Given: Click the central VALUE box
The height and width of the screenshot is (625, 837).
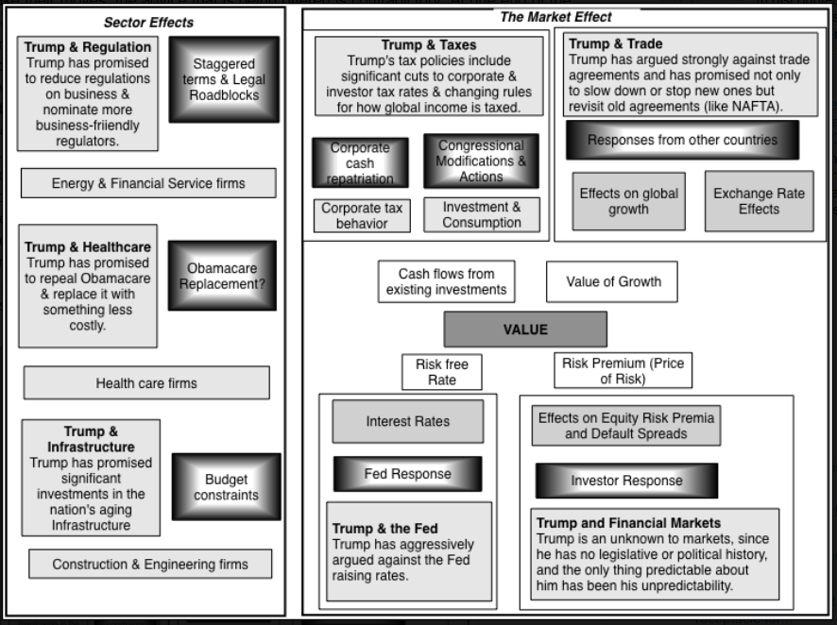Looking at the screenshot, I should (x=525, y=329).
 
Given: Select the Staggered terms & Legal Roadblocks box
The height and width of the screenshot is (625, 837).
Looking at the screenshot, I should (x=224, y=79).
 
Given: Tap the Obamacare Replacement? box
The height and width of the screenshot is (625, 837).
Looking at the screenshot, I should (x=222, y=276).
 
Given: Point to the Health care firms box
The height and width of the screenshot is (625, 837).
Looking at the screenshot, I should (x=146, y=383).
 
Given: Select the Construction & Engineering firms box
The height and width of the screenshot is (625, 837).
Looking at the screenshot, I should (x=150, y=565).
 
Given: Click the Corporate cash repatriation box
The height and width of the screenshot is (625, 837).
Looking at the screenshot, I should (x=359, y=162).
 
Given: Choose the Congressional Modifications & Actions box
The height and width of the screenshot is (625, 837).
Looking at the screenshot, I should (x=481, y=160).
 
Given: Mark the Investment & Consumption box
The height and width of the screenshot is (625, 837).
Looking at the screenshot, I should (x=482, y=214).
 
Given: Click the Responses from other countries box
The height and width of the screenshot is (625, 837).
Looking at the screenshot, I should (x=682, y=140).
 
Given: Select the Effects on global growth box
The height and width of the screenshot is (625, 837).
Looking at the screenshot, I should (x=628, y=201).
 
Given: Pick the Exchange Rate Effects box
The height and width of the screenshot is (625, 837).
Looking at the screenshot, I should (x=758, y=201).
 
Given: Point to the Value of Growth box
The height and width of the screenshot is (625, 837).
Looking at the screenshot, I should (x=613, y=281).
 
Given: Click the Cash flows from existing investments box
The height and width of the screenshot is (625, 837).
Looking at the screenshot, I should (x=446, y=281).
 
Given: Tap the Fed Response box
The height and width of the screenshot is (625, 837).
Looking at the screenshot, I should (x=407, y=474).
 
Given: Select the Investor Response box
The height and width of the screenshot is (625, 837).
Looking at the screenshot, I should (x=625, y=481).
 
